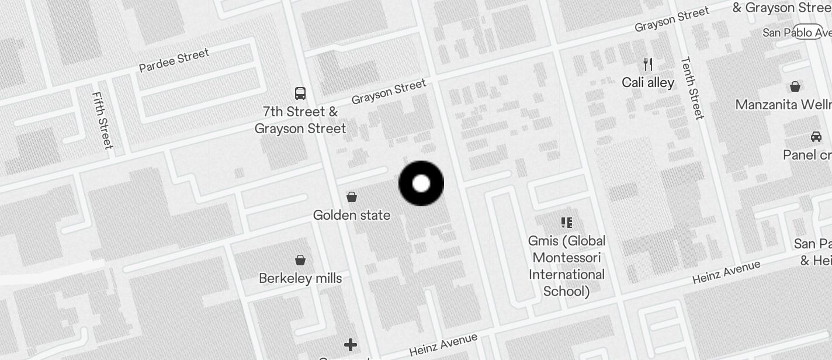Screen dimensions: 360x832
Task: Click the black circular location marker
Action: tap(421, 184)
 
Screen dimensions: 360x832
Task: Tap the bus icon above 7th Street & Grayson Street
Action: tap(300, 93)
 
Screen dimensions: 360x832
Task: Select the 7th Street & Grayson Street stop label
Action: tap(300, 120)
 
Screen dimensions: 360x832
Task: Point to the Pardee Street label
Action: tap(174, 61)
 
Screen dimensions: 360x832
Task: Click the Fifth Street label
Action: tap(102, 120)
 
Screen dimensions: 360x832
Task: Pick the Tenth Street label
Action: tap(692, 88)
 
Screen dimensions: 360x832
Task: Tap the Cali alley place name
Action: tap(648, 82)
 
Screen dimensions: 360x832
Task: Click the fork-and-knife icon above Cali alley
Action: tap(647, 64)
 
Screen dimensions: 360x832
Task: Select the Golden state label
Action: tap(352, 215)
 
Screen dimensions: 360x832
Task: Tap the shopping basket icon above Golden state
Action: tap(352, 196)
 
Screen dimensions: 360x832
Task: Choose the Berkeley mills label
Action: tap(300, 278)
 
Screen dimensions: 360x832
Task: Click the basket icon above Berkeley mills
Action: tap(300, 259)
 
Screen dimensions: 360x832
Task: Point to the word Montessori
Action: tap(567, 258)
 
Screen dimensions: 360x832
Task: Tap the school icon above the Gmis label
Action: tap(566, 222)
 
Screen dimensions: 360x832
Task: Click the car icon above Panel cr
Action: tap(816, 137)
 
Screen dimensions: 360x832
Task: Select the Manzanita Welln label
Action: tap(783, 105)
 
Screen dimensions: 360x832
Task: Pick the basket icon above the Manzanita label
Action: tap(795, 86)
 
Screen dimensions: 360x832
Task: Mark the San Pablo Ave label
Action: tap(796, 32)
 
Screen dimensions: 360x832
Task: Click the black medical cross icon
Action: tap(351, 345)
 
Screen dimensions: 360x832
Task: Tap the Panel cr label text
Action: tap(807, 155)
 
